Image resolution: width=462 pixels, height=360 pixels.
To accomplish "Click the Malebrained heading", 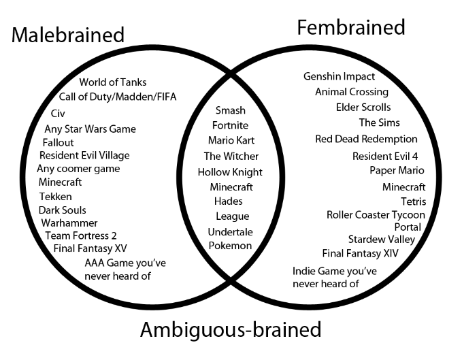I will pyautogui.click(x=68, y=35).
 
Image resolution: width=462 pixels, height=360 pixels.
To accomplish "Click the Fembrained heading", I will pyautogui.click(x=350, y=27).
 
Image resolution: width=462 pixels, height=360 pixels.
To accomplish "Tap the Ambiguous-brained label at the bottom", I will pyautogui.click(x=231, y=330).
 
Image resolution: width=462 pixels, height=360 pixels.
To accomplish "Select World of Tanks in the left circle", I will pyautogui.click(x=113, y=82).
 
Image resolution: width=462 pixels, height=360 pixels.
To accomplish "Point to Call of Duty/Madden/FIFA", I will pyautogui.click(x=118, y=97).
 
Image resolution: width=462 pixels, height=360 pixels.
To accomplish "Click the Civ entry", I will pyautogui.click(x=57, y=113).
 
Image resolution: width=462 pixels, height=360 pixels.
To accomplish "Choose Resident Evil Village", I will pyautogui.click(x=84, y=155).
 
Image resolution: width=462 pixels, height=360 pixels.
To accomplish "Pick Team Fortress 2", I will pyautogui.click(x=81, y=235).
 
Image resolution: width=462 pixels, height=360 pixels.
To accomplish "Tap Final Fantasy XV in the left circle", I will pyautogui.click(x=90, y=248).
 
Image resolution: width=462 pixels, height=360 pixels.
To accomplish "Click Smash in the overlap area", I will pyautogui.click(x=231, y=110).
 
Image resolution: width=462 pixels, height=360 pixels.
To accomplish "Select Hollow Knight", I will pyautogui.click(x=230, y=172).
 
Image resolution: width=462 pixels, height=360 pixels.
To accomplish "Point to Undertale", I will pyautogui.click(x=230, y=231).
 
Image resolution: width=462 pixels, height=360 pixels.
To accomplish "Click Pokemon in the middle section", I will pyautogui.click(x=230, y=246).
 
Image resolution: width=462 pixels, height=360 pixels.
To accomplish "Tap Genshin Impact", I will pyautogui.click(x=339, y=76).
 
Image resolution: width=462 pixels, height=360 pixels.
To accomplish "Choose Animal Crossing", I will pyautogui.click(x=352, y=92).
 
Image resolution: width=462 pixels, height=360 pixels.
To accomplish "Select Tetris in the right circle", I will pyautogui.click(x=414, y=201).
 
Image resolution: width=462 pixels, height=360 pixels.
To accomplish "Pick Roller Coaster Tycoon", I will pyautogui.click(x=376, y=215).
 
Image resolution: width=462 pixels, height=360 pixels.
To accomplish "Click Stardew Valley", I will pyautogui.click(x=382, y=240).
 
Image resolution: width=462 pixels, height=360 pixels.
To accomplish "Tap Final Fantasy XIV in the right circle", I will pyautogui.click(x=361, y=254).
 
